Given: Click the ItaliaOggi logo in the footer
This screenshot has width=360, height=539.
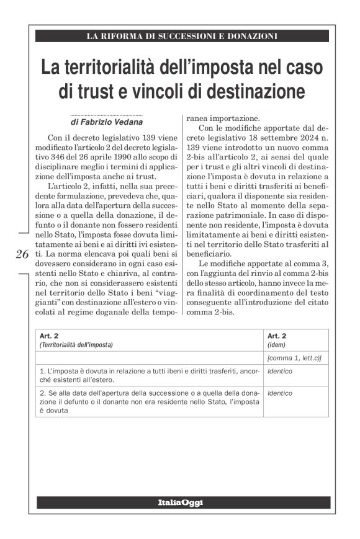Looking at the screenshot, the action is tap(179, 502).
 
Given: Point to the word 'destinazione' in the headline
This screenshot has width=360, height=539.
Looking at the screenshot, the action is tap(256, 92).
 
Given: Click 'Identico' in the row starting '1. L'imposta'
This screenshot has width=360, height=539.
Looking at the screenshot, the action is tap(279, 371).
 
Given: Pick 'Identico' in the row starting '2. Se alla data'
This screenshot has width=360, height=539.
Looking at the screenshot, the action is tap(279, 393).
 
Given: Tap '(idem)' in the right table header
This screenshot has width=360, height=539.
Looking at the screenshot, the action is tap(276, 344).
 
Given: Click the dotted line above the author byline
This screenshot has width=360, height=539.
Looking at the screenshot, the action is tap(106, 115).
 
